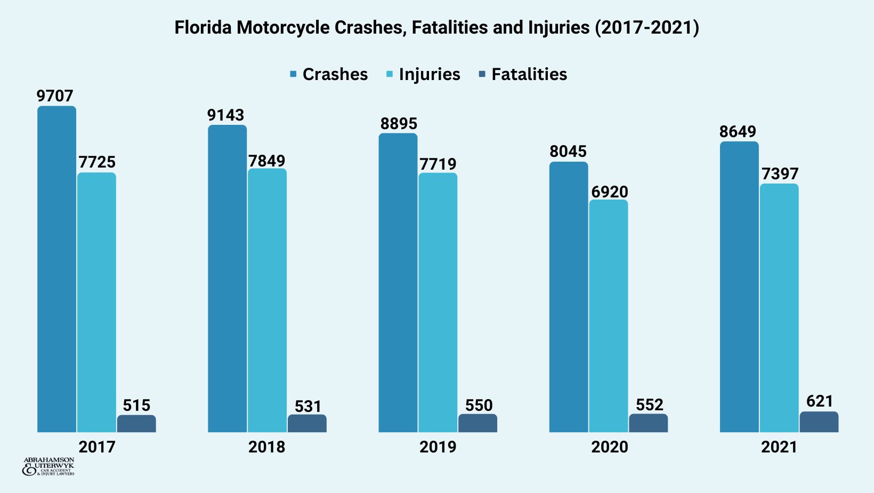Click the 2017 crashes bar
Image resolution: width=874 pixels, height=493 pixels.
[x=56, y=269]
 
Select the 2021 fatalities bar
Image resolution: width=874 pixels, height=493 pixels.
[x=819, y=422]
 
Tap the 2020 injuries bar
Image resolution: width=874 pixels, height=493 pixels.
[x=608, y=316]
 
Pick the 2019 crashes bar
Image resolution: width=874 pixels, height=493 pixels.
[x=398, y=283]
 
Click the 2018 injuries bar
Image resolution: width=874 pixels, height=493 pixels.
[x=267, y=300]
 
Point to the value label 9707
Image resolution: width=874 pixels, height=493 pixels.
[x=55, y=96]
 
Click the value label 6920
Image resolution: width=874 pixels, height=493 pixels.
[x=609, y=192]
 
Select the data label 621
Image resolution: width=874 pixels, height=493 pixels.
[x=820, y=401]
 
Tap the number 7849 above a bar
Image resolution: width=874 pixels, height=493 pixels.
[x=266, y=161]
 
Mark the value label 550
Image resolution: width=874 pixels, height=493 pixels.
[x=479, y=405]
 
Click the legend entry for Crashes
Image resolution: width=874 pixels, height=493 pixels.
[x=329, y=74]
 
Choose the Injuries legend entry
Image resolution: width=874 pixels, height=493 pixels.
[x=423, y=74]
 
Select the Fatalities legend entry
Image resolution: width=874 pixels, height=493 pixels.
[x=523, y=74]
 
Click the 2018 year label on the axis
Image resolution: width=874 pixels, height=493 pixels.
[x=266, y=447]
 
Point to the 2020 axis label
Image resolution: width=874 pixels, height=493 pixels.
[x=609, y=447]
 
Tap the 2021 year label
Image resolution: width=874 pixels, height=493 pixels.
[x=779, y=447]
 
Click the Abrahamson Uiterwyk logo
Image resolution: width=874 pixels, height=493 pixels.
[x=48, y=467]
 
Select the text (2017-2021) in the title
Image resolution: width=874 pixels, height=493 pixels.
[x=646, y=27]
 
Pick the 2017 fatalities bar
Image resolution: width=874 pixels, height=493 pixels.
[x=136, y=424]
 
